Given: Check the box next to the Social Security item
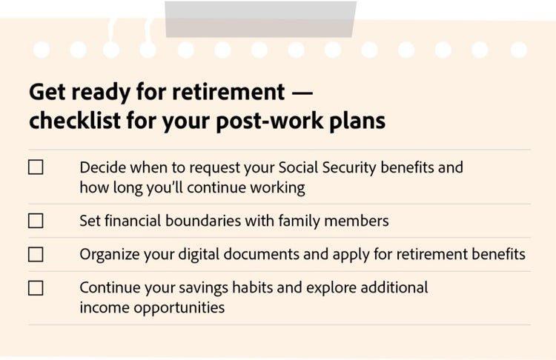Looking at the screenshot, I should tap(36, 167).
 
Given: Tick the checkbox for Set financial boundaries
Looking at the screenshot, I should tap(36, 221).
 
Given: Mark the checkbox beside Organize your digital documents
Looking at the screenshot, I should tap(36, 254).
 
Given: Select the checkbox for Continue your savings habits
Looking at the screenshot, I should tap(36, 288).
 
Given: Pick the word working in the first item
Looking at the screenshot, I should tap(277, 187).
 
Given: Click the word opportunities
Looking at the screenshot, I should tap(178, 307).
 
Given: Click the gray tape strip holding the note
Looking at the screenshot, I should tap(260, 19).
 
